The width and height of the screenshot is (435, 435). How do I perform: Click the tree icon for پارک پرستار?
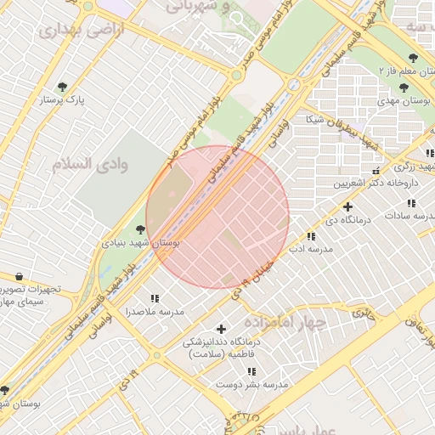pos(63,87)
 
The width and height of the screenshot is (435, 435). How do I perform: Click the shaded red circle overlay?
pos(217,217)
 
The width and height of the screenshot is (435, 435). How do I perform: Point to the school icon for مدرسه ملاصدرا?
pos(154,298)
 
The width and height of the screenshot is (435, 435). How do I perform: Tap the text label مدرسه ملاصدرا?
pos(154,312)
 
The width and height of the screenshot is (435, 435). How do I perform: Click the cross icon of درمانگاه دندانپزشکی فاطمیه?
pos(222,329)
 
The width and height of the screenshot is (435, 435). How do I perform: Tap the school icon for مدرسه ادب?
pos(311,236)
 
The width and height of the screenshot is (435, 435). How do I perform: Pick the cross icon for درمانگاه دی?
pos(347,206)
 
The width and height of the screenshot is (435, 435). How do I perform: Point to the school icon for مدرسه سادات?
pos(411,203)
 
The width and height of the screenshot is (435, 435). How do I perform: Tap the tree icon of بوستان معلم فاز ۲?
pos(414,58)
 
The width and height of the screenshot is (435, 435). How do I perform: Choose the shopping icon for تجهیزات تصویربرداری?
pos(19,276)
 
